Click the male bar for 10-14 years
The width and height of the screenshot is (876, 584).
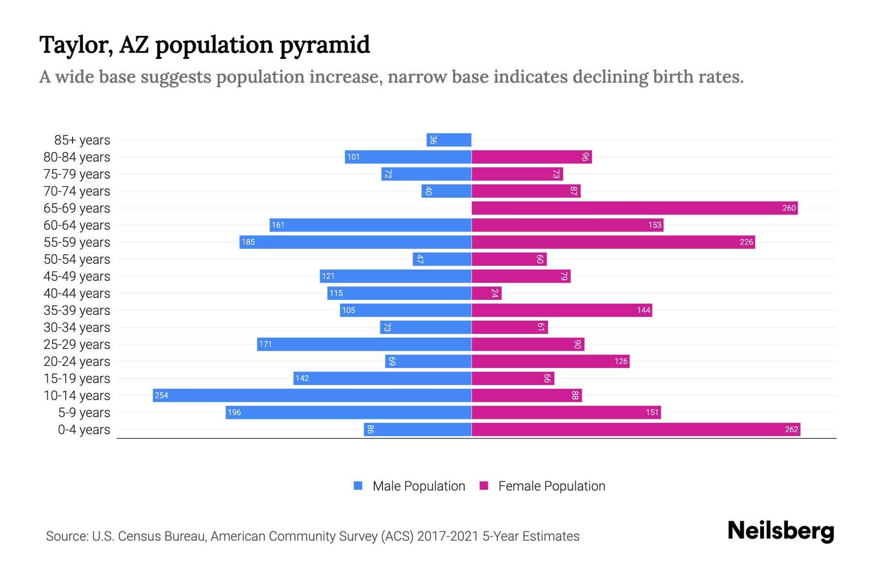click(311, 395)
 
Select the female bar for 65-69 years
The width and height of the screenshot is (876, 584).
click(634, 208)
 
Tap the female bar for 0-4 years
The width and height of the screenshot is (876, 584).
click(636, 429)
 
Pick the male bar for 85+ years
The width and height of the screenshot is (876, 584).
click(449, 140)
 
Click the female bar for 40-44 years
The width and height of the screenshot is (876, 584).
click(486, 293)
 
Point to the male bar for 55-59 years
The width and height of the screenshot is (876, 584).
click(355, 242)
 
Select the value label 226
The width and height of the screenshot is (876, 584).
click(746, 242)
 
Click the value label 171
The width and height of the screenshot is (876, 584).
click(265, 344)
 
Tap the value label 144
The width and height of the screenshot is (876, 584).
click(643, 310)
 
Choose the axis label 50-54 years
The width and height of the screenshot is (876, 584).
click(77, 259)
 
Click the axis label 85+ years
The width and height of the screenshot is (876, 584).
click(82, 140)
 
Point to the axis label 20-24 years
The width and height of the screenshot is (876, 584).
click(77, 361)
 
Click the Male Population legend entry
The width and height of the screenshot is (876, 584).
click(418, 486)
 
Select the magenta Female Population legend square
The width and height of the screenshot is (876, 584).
click(484, 486)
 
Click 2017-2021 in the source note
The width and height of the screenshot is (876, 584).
click(448, 536)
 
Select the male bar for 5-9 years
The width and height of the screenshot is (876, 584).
click(348, 412)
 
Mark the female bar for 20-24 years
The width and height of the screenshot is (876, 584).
click(550, 361)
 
